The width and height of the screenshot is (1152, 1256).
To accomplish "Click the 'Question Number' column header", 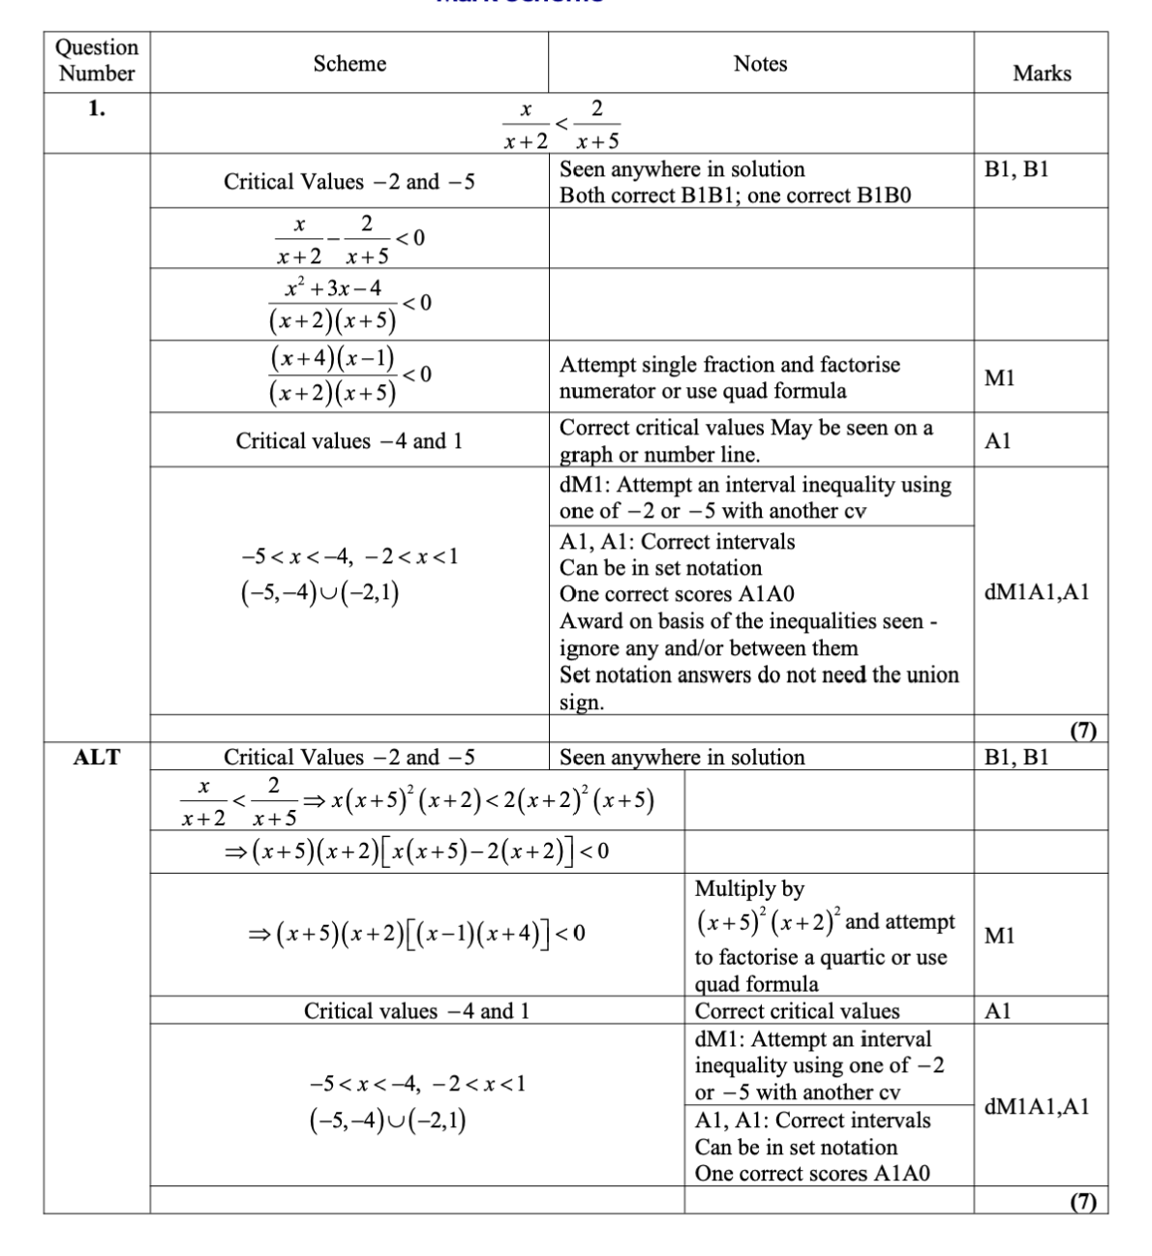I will [x=97, y=60].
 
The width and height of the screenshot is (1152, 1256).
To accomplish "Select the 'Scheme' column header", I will [x=349, y=64].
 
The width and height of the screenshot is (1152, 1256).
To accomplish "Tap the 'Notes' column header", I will [x=760, y=64].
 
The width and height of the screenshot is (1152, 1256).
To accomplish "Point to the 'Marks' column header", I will [x=1042, y=74].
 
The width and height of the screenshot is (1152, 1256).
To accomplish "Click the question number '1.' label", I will [x=97, y=108].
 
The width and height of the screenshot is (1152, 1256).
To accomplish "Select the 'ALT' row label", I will [x=97, y=758].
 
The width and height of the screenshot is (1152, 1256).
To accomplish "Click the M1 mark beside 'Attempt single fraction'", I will [x=999, y=378].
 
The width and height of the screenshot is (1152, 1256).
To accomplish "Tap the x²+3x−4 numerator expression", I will [x=333, y=288].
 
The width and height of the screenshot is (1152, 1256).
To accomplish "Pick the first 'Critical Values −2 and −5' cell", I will [x=349, y=182].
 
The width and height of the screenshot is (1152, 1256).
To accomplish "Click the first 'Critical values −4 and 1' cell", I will [x=349, y=441].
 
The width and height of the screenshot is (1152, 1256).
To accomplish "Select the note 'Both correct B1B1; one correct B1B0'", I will [x=736, y=195].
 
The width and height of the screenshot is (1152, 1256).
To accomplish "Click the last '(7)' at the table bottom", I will [x=1082, y=1202].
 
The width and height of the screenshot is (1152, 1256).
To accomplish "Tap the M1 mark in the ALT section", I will [x=999, y=936].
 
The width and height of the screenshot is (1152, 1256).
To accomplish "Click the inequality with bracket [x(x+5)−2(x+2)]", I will [x=416, y=852].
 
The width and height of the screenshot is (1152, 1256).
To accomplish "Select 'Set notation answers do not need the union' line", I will [x=759, y=675].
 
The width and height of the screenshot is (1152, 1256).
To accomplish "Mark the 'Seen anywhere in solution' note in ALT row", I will [x=682, y=758].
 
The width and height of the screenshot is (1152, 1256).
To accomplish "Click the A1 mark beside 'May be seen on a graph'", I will [x=997, y=441].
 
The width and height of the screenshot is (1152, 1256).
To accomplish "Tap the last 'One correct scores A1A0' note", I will [x=812, y=1174].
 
